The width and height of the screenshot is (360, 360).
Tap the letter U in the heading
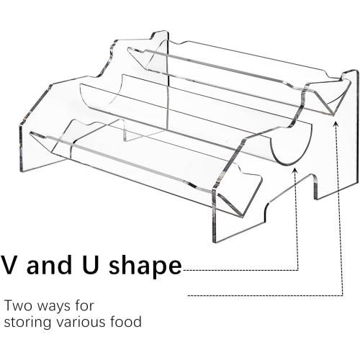pos(89,264)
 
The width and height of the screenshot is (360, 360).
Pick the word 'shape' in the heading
pos(145,266)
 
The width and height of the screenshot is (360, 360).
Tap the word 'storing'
pos(27,323)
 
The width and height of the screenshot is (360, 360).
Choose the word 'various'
pos(81,323)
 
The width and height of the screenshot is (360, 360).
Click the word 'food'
pos(126,322)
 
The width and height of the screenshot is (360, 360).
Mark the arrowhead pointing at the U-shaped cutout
pos(295,171)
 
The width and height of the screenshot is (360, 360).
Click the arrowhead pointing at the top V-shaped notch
pos(336,124)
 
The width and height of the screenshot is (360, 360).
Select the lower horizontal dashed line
pos(265,295)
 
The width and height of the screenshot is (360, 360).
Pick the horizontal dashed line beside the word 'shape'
pos(240,270)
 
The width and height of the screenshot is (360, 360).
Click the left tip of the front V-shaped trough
pos(30,132)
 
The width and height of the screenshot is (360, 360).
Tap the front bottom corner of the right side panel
pos(214,242)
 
